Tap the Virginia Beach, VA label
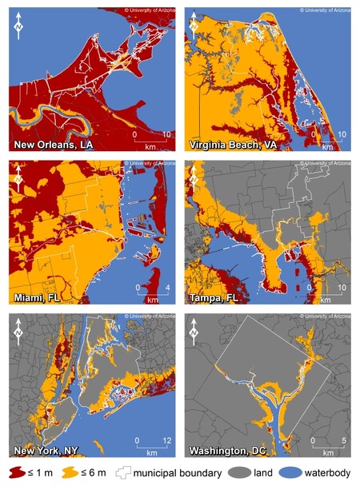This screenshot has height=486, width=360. pos(227,145)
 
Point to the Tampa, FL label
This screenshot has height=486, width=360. pos(214,299)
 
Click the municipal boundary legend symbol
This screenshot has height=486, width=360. pos(130,473)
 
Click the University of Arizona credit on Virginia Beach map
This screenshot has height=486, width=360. pos(325,10)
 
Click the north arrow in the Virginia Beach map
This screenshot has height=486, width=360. pos(196,27)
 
